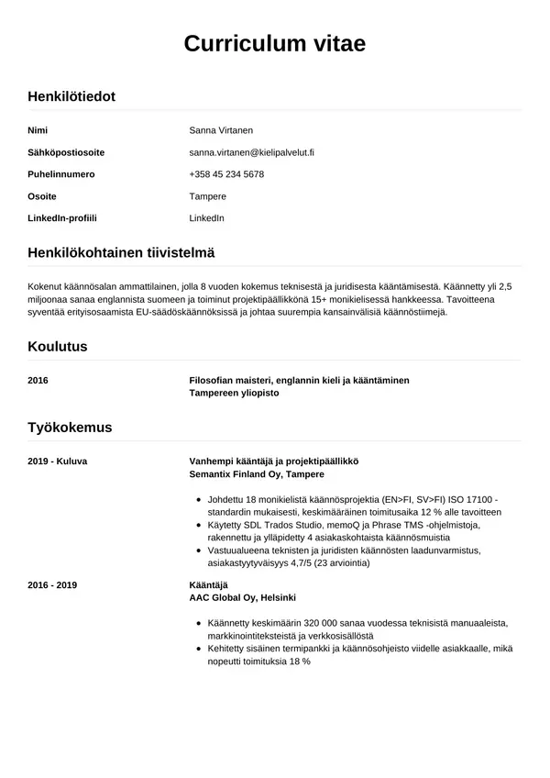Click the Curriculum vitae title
(275, 43)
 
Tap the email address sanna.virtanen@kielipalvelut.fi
(251, 152)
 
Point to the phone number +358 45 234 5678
(226, 174)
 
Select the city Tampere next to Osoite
(207, 196)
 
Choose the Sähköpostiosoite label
(66, 152)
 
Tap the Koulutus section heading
(58, 347)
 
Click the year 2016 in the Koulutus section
(38, 380)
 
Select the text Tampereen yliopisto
(234, 393)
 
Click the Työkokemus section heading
(70, 428)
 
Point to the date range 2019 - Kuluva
(58, 461)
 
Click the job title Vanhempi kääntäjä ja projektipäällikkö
(273, 461)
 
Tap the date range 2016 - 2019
(53, 584)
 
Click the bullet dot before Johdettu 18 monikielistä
(200, 500)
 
